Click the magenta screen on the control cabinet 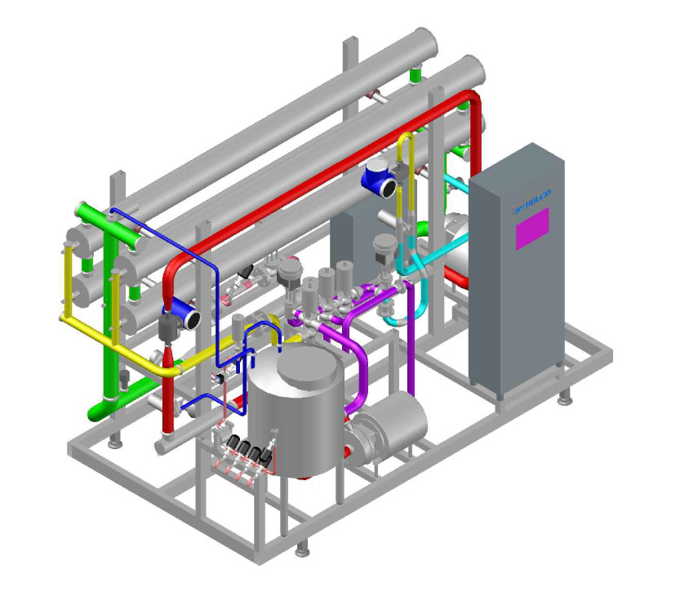pyautogui.click(x=532, y=228)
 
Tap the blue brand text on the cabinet pyautogui.click(x=533, y=198)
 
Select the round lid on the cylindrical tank pyautogui.click(x=309, y=371)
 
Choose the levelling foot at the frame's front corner pyautogui.click(x=303, y=548)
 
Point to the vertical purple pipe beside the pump pyautogui.click(x=410, y=351)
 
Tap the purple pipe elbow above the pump pyautogui.click(x=358, y=351)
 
